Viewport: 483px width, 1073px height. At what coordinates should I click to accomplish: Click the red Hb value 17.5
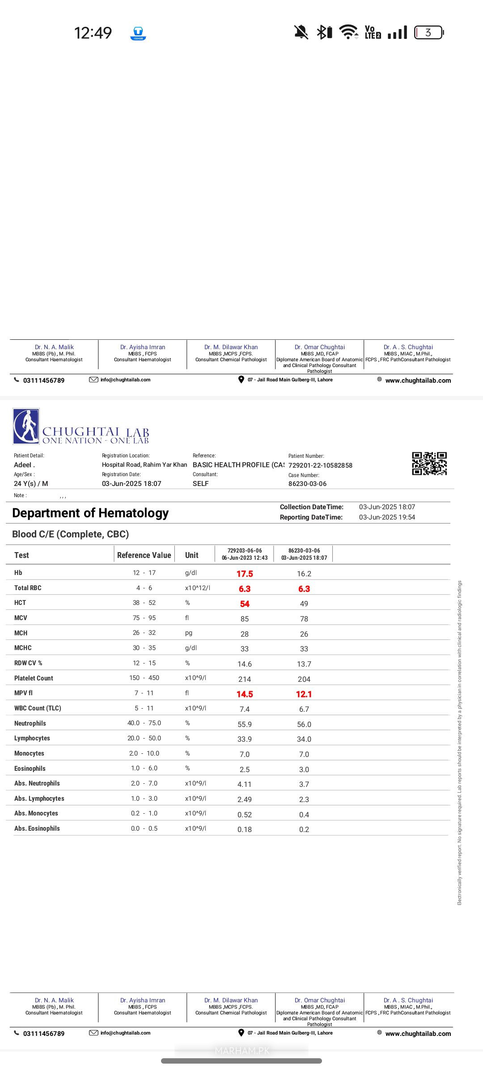(x=245, y=574)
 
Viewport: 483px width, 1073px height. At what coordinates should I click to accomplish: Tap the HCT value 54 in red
(x=245, y=604)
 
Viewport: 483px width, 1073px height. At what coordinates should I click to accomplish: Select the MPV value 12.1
(x=304, y=694)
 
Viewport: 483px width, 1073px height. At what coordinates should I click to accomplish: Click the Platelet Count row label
(x=34, y=678)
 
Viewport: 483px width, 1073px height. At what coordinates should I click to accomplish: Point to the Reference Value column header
(x=144, y=555)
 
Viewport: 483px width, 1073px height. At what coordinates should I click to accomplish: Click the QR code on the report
(x=429, y=463)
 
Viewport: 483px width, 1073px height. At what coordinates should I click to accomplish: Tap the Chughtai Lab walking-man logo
(x=26, y=426)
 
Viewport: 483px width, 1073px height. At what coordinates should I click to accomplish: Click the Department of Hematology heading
(x=90, y=513)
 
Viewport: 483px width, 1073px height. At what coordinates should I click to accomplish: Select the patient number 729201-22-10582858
(x=320, y=465)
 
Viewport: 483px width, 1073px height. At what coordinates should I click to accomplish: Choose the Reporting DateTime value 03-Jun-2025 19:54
(x=387, y=517)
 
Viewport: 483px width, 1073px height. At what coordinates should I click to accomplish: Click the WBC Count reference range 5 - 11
(x=144, y=708)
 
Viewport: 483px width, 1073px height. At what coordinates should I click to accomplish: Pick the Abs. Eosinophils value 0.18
(x=245, y=829)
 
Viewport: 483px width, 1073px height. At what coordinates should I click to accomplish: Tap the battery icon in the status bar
(x=428, y=33)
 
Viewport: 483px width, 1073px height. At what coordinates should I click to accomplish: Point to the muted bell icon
(x=301, y=32)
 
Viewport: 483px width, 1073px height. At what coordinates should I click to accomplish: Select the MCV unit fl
(x=187, y=618)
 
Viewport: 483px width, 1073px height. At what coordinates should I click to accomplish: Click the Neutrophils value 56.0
(x=304, y=724)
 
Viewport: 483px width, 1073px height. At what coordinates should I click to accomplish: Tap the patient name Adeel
(x=24, y=465)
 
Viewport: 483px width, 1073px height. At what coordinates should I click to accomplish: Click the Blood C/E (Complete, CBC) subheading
(x=71, y=534)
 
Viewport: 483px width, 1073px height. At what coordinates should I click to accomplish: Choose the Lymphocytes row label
(x=32, y=738)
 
